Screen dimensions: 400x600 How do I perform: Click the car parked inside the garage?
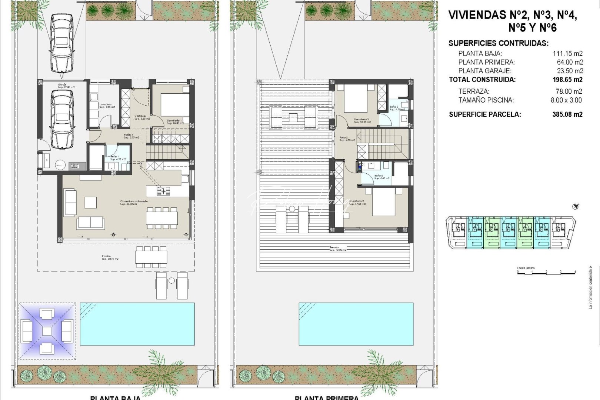point(62,119)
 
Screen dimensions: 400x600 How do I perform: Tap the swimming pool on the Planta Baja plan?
point(137,324)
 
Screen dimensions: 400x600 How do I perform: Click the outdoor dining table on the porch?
point(151,257)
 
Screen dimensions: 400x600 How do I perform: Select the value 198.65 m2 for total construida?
point(567,80)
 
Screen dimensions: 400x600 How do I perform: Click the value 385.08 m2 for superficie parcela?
point(567,114)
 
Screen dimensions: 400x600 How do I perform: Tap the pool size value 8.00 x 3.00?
point(566,100)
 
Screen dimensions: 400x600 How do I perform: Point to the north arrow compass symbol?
point(576,207)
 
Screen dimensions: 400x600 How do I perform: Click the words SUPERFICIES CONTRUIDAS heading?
point(498,43)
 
